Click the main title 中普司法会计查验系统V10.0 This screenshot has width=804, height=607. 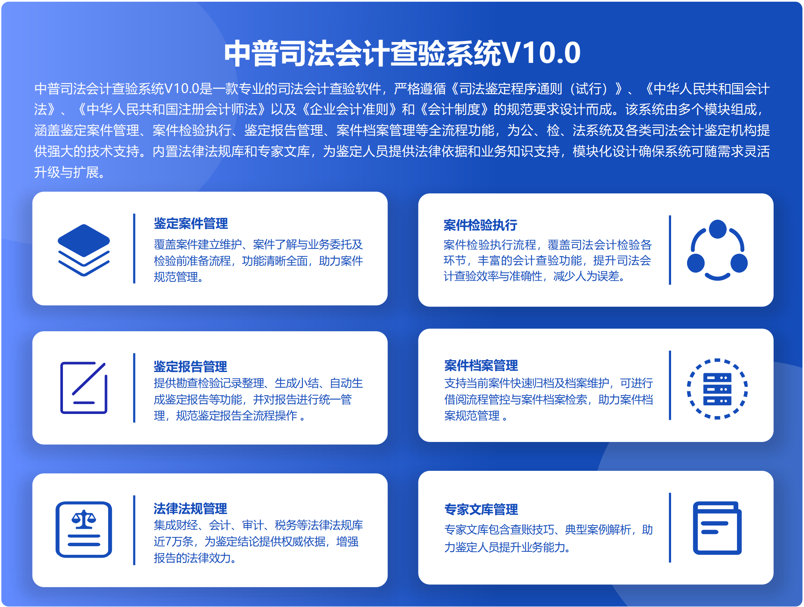click(402, 53)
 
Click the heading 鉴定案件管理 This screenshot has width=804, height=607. click(191, 223)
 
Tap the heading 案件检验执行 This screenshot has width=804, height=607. click(480, 225)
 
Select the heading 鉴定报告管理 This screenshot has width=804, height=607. click(191, 366)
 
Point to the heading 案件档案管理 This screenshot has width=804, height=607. click(481, 365)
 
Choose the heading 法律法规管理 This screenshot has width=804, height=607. click(191, 509)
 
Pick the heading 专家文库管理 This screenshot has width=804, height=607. click(481, 509)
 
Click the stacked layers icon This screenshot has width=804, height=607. click(84, 250)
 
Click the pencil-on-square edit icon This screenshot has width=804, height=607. click(84, 388)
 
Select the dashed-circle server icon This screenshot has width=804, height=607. click(717, 389)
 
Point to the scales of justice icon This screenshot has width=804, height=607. click(84, 530)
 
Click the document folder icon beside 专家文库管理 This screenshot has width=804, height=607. click(717, 528)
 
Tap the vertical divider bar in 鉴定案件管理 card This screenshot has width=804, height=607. click(134, 249)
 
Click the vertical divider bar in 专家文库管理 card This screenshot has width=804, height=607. click(670, 528)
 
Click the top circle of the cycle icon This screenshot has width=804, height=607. click(718, 229)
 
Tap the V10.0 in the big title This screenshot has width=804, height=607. click(541, 53)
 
